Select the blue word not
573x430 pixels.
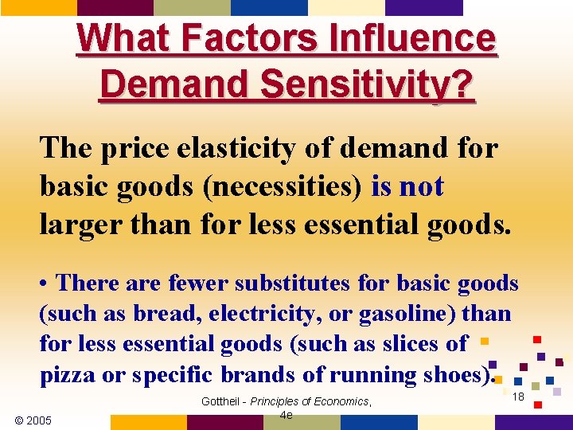422,187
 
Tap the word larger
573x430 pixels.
77,225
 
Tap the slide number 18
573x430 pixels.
518,397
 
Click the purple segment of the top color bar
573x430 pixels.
424,7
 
